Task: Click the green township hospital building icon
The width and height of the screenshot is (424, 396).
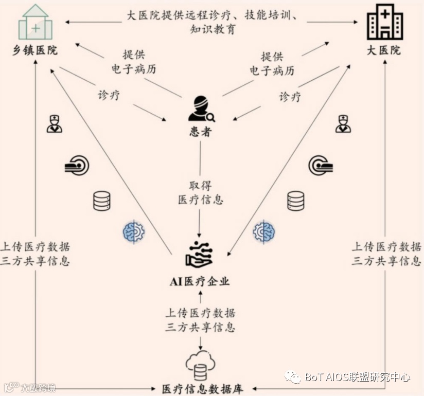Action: click(36, 23)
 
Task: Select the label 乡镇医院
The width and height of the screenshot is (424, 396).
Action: click(36, 50)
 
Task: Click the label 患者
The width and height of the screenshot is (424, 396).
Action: click(200, 132)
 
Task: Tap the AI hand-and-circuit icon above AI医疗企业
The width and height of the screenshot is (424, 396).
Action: click(200, 254)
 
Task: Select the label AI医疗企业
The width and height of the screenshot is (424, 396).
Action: click(200, 281)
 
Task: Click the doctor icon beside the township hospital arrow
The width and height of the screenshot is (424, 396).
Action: click(54, 124)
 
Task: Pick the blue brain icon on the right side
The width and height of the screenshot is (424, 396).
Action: click(264, 232)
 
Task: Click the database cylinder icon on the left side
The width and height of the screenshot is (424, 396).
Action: click(102, 201)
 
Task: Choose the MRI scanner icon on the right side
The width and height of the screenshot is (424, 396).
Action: click(320, 166)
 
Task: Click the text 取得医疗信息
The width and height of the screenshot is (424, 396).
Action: click(201, 193)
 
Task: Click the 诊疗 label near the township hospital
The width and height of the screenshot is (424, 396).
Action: click(109, 95)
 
